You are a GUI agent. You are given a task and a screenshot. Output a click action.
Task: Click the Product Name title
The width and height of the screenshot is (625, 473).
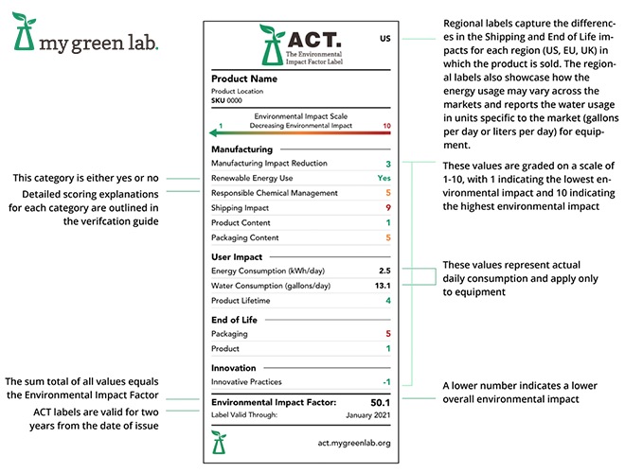coord(244,79)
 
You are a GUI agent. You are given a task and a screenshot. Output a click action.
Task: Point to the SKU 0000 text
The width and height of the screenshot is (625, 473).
coord(226,99)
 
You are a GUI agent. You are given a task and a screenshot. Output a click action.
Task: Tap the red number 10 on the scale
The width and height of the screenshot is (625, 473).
coord(385,125)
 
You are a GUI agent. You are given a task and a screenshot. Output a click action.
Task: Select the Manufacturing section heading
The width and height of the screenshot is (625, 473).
coord(241,149)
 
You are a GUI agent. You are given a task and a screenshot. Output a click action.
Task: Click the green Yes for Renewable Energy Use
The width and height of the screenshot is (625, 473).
coord(384,178)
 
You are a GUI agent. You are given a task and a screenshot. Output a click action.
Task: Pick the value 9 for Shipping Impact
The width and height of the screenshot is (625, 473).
coord(387,207)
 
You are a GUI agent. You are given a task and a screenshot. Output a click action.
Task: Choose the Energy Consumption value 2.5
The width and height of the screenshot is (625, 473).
coord(384,271)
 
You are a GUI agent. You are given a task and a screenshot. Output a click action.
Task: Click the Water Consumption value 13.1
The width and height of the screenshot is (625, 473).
coord(383,286)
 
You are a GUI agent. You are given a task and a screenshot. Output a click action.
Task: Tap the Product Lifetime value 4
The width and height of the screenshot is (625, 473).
coord(387,300)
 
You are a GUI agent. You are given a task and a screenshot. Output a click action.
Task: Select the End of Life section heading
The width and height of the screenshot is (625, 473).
coord(234,320)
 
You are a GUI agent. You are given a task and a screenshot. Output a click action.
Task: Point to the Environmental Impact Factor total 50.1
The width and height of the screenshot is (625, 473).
coord(379,402)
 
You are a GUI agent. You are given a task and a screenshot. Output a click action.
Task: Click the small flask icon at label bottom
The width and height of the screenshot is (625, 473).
coord(220,440)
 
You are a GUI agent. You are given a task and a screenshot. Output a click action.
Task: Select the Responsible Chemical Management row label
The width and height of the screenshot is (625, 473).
coord(274,193)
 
